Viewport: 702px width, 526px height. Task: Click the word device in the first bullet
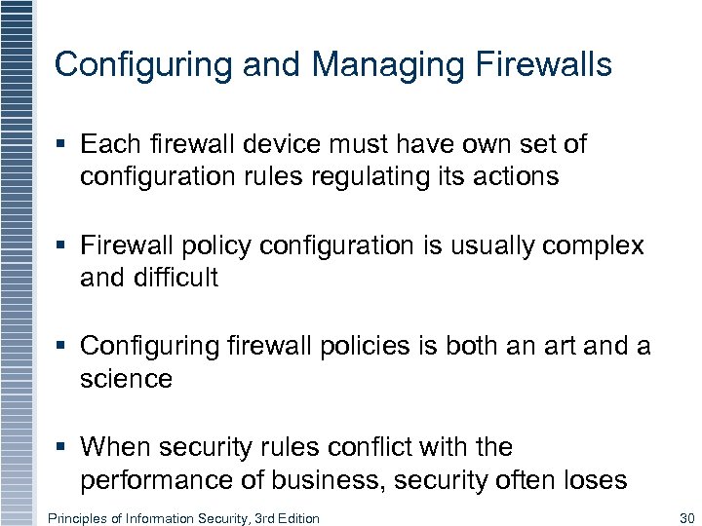click(x=261, y=145)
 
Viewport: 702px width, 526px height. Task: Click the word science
click(x=126, y=379)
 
